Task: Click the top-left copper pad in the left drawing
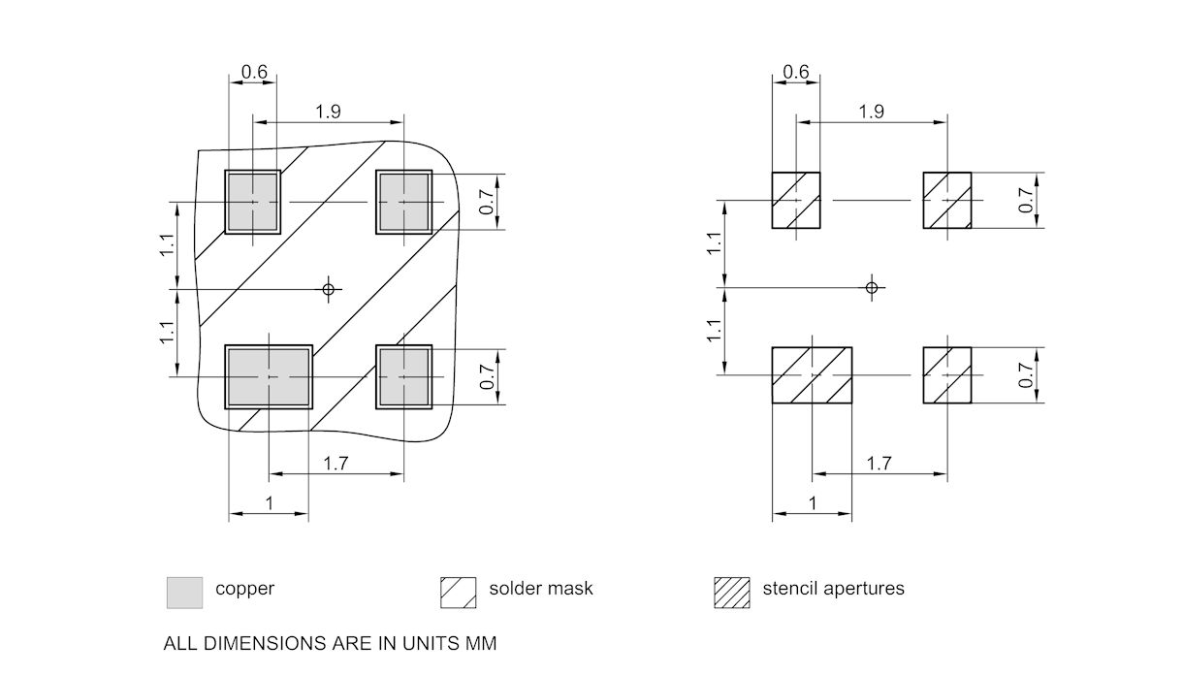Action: tap(252, 202)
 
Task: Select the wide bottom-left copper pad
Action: tap(269, 376)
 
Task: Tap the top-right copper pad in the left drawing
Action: tap(403, 202)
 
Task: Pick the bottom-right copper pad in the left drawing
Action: tap(403, 376)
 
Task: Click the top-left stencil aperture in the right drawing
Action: tap(795, 201)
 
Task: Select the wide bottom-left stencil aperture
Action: tap(812, 375)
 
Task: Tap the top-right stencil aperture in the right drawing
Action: tap(946, 201)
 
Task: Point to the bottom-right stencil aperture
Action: tap(946, 375)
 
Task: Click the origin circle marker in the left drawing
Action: tap(329, 288)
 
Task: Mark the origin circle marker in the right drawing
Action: tap(872, 287)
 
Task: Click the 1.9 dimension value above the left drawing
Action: tap(328, 112)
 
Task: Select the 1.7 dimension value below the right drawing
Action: tap(879, 464)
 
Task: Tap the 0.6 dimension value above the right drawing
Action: tap(795, 73)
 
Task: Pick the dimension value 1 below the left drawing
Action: tap(269, 503)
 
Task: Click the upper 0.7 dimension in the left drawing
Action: tap(487, 202)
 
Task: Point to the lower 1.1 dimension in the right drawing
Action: tap(715, 331)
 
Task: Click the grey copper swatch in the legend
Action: tap(185, 592)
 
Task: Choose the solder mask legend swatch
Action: tap(459, 592)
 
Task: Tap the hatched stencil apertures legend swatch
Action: tap(732, 592)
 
